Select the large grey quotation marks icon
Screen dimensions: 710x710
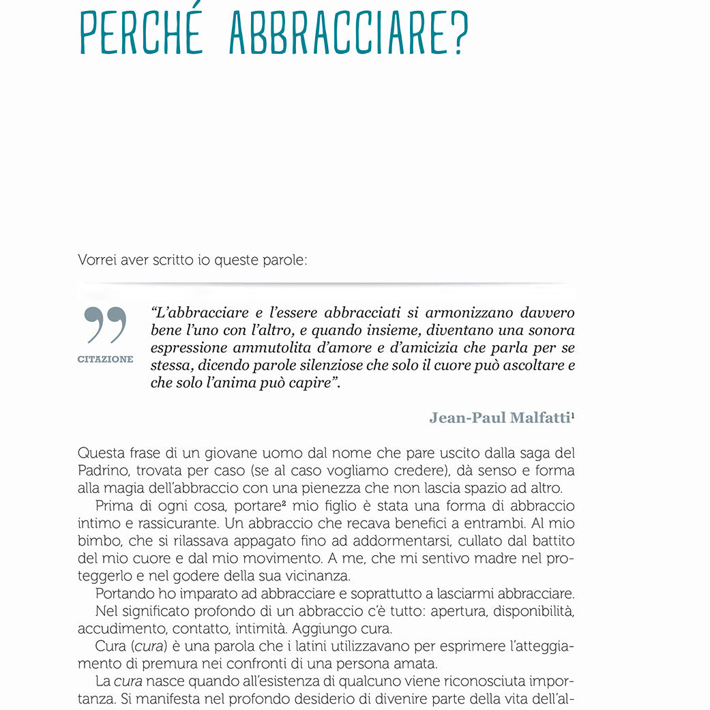tap(106, 325)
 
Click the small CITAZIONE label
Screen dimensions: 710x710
tap(106, 359)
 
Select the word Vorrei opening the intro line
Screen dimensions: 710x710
tap(98, 260)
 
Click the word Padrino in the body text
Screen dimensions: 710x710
tap(101, 471)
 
